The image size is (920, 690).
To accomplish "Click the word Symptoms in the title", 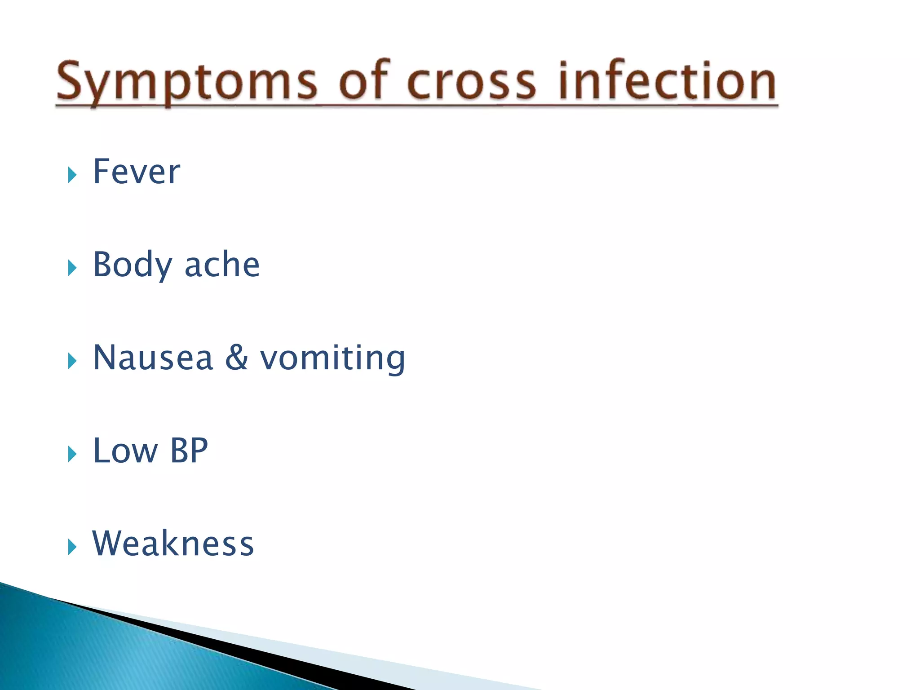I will pyautogui.click(x=186, y=82).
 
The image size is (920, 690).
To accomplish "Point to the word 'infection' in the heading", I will pyautogui.click(x=668, y=81).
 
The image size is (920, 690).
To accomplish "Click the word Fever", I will pyautogui.click(x=136, y=172).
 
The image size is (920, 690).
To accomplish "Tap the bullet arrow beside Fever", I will pyautogui.click(x=72, y=175).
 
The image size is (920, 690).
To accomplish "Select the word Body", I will pyautogui.click(x=132, y=265).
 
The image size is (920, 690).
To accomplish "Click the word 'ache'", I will pyautogui.click(x=222, y=265).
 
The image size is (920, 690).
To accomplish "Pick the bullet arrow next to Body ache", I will pyautogui.click(x=72, y=268).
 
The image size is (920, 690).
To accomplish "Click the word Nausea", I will pyautogui.click(x=153, y=358).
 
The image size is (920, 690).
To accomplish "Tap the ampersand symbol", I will pyautogui.click(x=237, y=358).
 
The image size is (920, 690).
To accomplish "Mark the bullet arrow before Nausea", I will pyautogui.click(x=72, y=361).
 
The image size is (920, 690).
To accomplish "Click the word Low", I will pyautogui.click(x=125, y=451).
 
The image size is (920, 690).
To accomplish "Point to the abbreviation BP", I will pyautogui.click(x=189, y=451).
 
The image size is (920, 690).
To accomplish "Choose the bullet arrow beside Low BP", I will pyautogui.click(x=72, y=454).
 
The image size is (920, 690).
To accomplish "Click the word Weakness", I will pyautogui.click(x=173, y=544).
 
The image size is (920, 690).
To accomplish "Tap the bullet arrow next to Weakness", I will pyautogui.click(x=72, y=547).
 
